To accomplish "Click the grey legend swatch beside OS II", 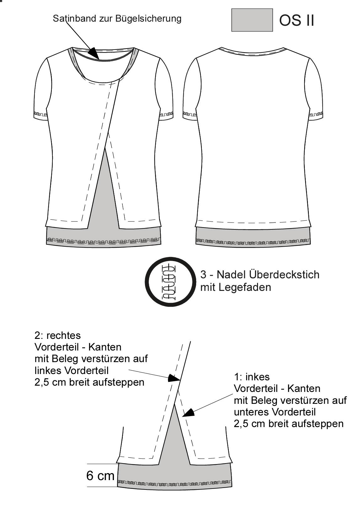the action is click(252, 20).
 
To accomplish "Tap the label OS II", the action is click(297, 20).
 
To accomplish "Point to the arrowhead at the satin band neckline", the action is click(95, 53).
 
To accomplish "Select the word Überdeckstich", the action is click(284, 275).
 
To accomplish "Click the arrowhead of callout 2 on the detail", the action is click(174, 378).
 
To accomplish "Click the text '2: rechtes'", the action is click(57, 335).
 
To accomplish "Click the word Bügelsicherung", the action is click(148, 19).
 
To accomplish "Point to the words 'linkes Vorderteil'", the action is click(71, 371).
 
